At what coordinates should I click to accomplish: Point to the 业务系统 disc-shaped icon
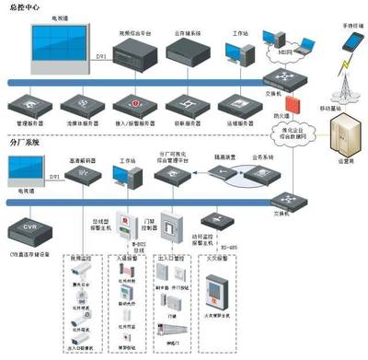tap(262, 173)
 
